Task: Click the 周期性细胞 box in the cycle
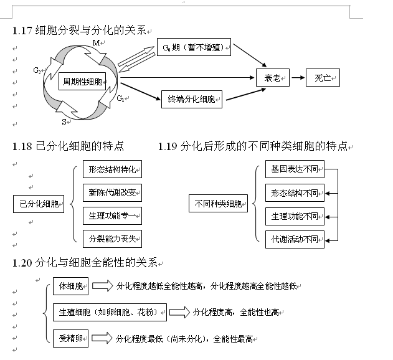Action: pyautogui.click(x=82, y=81)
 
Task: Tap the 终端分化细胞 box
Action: pyautogui.click(x=191, y=99)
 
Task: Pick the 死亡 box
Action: pyautogui.click(x=323, y=78)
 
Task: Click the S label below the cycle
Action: pyautogui.click(x=65, y=122)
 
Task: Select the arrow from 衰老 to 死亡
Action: pyautogui.click(x=298, y=78)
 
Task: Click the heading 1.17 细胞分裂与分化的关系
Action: pyautogui.click(x=80, y=30)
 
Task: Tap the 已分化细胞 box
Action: pyautogui.click(x=39, y=204)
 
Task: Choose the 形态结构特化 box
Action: pyautogui.click(x=112, y=169)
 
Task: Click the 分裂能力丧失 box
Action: pyautogui.click(x=112, y=238)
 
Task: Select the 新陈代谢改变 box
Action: pyautogui.click(x=112, y=192)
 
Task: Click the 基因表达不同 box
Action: pyautogui.click(x=295, y=169)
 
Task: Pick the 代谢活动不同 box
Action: pyautogui.click(x=295, y=238)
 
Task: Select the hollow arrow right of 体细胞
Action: pyautogui.click(x=100, y=287)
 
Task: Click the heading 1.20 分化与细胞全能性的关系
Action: pyautogui.click(x=85, y=262)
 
